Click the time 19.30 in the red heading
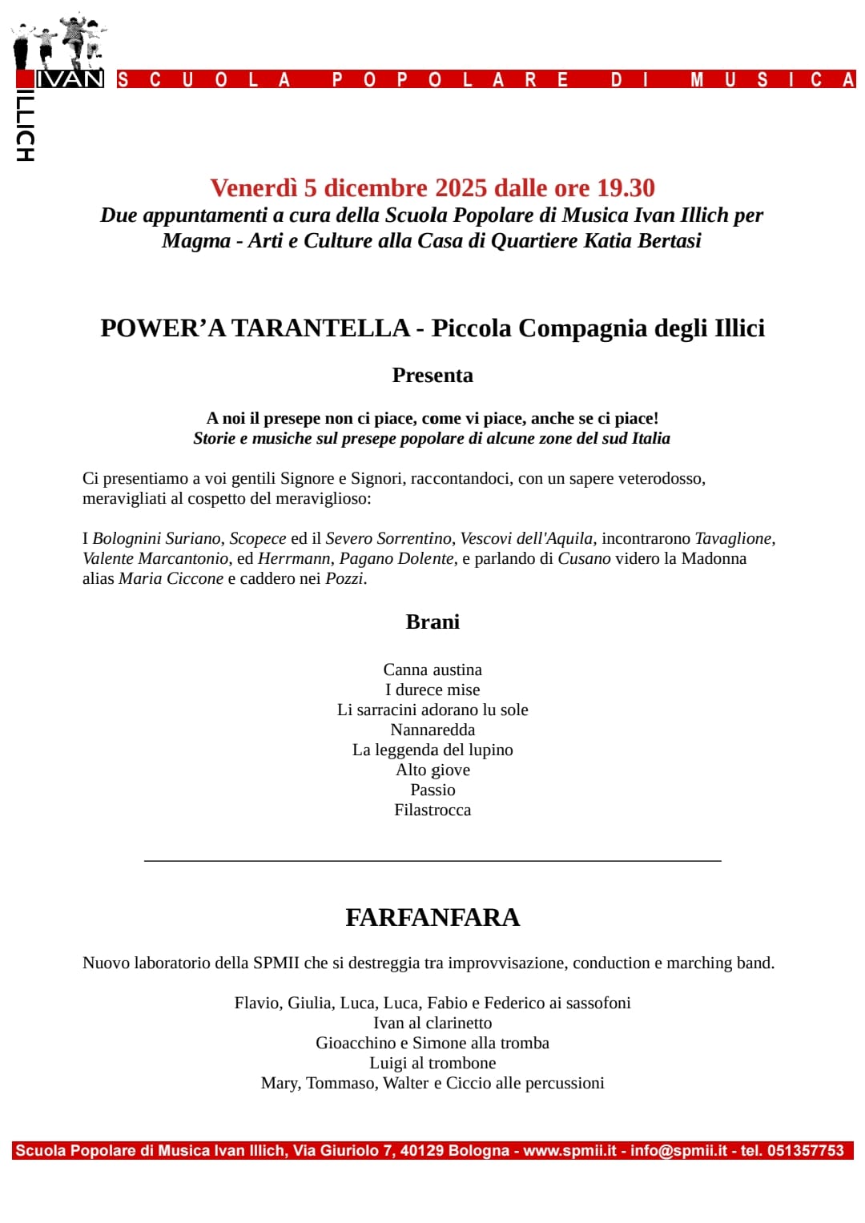pos(626,187)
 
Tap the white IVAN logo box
pos(70,78)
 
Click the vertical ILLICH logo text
pos(25,125)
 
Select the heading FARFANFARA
pos(432,917)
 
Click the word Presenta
pos(432,375)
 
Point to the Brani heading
pos(432,622)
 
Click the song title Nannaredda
pos(432,730)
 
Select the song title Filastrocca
pos(432,810)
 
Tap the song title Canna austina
pos(432,670)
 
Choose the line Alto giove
pos(432,770)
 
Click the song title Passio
pos(432,790)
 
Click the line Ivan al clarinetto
pos(432,1023)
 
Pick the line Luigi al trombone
pos(432,1063)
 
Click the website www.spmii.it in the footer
pos(569,1151)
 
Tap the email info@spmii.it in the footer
pos(678,1151)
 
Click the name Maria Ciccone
pos(171,578)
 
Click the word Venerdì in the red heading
pos(253,187)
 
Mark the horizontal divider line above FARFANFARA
pos(432,860)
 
